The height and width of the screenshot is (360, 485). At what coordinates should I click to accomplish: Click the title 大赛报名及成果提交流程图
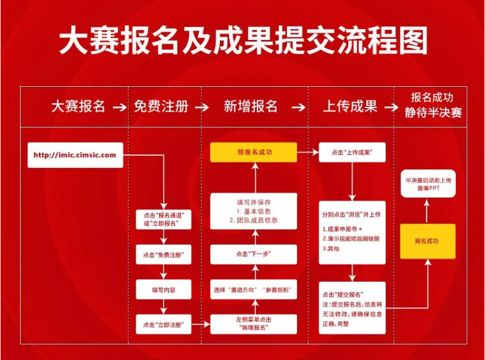242,41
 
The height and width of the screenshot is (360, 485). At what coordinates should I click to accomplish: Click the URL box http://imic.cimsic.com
75,155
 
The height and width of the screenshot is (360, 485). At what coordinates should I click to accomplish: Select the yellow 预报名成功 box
254,153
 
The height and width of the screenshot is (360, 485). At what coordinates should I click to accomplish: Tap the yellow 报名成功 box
427,241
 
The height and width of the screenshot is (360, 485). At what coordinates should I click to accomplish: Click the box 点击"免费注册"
163,254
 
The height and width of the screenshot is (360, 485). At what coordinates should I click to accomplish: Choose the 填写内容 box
163,290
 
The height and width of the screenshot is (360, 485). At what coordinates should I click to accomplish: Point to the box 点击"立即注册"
163,325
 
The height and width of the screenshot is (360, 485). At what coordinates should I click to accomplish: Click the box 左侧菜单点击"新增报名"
254,324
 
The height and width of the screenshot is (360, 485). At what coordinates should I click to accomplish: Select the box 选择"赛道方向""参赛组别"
254,290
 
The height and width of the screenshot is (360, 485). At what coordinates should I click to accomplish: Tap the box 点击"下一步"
254,254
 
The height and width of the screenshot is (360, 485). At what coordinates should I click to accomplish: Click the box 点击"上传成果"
352,153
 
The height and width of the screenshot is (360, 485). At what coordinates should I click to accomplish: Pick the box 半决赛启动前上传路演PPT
428,183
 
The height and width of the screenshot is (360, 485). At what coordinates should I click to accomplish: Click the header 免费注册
161,107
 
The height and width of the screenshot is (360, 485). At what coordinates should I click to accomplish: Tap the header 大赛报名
78,107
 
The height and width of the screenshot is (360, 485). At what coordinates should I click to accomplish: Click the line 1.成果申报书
343,228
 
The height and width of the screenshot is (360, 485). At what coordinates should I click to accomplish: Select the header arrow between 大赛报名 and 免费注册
119,107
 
